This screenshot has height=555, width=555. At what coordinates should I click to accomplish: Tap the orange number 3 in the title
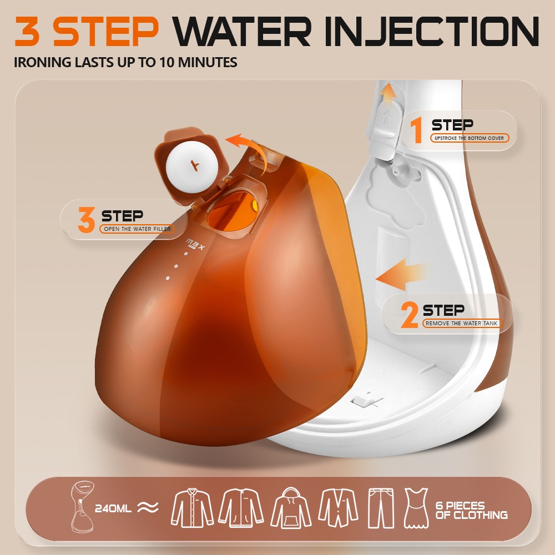click(x=27, y=31)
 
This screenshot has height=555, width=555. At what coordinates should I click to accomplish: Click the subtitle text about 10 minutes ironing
click(x=125, y=62)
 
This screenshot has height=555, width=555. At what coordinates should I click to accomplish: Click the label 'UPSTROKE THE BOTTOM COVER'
click(x=470, y=138)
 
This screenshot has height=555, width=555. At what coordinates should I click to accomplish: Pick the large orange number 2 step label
click(x=409, y=315)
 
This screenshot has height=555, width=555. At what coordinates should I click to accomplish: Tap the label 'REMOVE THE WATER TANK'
click(x=462, y=323)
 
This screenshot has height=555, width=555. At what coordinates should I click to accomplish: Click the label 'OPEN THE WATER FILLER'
click(x=137, y=229)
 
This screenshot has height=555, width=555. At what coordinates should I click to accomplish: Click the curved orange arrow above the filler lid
click(x=252, y=149)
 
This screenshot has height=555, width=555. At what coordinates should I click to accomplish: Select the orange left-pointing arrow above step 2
click(x=401, y=275)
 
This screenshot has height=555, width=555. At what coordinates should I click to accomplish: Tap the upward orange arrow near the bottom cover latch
click(x=389, y=93)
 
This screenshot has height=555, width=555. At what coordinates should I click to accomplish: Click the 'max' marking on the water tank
click(x=195, y=244)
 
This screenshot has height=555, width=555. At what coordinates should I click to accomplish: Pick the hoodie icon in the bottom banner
click(x=291, y=508)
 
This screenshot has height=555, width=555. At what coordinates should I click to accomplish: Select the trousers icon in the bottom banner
click(x=381, y=508)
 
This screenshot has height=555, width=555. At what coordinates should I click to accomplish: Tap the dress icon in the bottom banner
click(x=416, y=508)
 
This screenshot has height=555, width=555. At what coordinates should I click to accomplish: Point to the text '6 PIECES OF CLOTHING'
click(x=471, y=510)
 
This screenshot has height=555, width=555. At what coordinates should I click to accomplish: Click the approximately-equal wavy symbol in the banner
click(x=148, y=508)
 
